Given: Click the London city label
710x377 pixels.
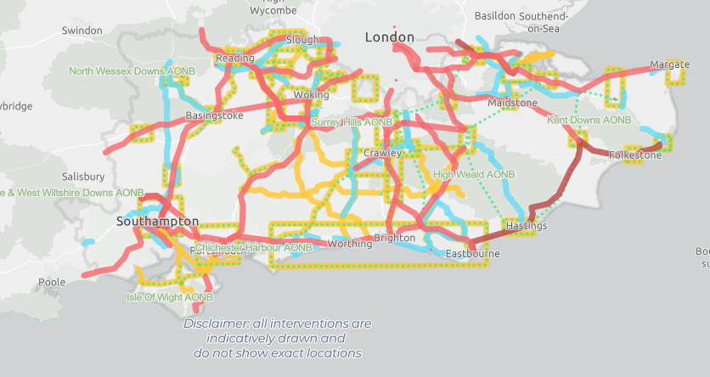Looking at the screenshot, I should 390,37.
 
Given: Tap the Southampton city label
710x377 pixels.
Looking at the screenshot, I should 157,222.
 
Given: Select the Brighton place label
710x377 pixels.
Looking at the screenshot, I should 395,238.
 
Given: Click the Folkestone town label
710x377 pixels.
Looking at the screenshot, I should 634,155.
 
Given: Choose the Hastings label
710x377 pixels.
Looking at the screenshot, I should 526,227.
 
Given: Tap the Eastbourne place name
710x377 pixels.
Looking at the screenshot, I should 472,254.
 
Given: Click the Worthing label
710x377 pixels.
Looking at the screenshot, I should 349,244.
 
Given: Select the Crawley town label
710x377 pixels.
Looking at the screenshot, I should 382,153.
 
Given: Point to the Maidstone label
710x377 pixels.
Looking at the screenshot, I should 513,103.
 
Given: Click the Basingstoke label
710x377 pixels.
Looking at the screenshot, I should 214,115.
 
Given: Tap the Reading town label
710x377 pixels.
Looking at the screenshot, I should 235,58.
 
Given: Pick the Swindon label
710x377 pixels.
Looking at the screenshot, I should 82,31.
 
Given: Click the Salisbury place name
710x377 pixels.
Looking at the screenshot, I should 83,177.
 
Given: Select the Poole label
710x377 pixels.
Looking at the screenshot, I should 51,282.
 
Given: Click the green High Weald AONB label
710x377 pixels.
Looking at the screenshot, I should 474,174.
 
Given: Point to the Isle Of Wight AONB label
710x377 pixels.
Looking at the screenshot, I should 169,297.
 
